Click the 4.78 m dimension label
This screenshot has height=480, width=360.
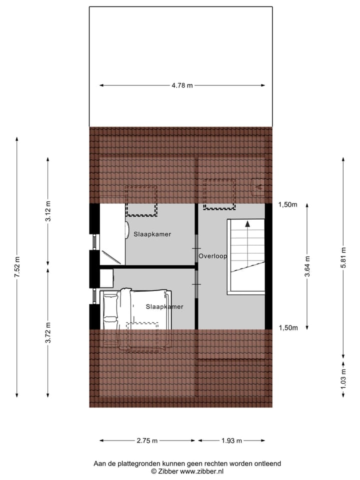click(182, 85)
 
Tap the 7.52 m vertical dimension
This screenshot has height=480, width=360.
click(17, 268)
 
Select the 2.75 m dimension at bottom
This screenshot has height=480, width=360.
click(147, 441)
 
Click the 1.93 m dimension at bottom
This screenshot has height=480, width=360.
click(231, 441)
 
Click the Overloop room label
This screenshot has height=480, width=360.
click(212, 256)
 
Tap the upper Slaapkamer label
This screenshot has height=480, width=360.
click(152, 234)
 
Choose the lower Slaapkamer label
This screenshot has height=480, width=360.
click(164, 306)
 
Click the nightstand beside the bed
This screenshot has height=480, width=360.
click(106, 277)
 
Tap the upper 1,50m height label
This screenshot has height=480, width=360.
click(287, 204)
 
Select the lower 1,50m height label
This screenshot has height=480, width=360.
click(287, 328)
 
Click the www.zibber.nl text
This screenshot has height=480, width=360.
click(201, 471)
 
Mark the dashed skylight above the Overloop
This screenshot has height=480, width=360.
click(219, 193)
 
